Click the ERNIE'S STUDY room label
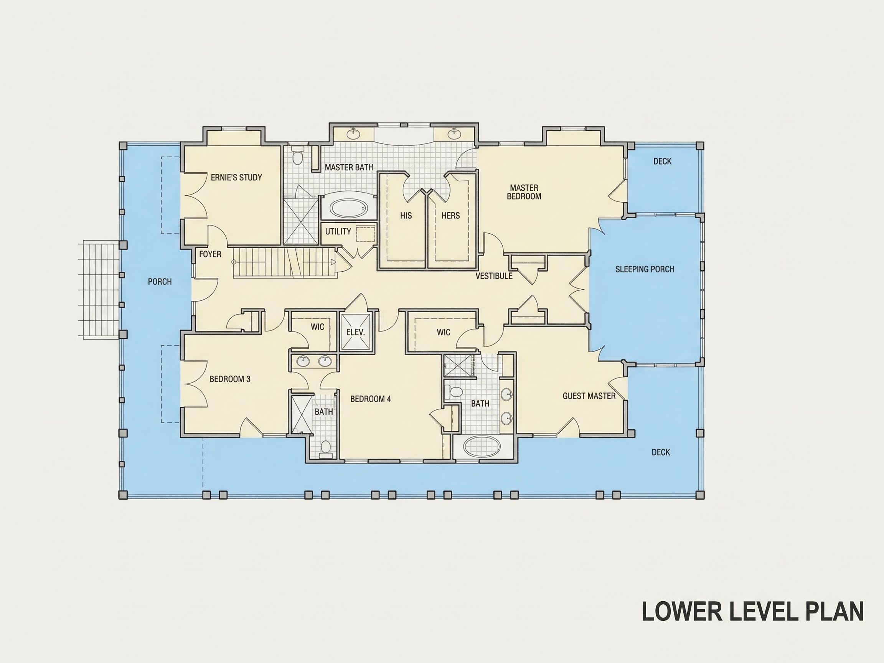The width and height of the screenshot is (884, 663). (x=236, y=177)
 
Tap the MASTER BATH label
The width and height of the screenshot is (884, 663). (x=349, y=167)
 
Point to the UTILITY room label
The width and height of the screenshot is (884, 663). (x=338, y=231)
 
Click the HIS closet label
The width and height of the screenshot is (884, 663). (x=406, y=216)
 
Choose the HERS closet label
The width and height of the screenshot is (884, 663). (x=451, y=216)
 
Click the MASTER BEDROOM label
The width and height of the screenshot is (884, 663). (x=524, y=192)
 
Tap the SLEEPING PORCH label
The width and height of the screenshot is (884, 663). (x=645, y=269)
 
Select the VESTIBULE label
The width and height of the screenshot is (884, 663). (x=494, y=276)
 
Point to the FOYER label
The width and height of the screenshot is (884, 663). (x=210, y=254)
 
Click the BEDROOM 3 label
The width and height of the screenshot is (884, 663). (x=230, y=379)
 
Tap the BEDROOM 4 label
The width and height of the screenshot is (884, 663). (x=371, y=399)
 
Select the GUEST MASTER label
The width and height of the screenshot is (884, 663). (x=589, y=396)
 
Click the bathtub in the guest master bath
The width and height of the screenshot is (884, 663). (x=482, y=447)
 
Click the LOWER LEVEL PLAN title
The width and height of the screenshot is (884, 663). (x=752, y=612)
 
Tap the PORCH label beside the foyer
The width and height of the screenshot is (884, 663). (x=160, y=282)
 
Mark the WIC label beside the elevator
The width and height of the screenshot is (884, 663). (x=317, y=327)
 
